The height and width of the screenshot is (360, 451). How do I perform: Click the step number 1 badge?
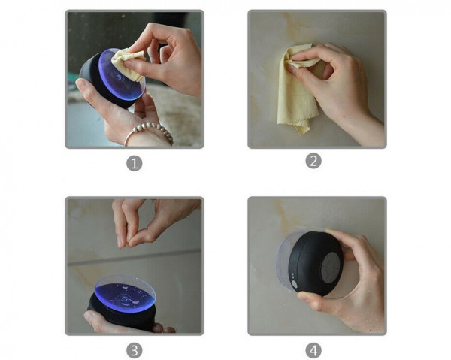[135, 163]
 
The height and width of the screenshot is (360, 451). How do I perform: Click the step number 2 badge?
[313, 161]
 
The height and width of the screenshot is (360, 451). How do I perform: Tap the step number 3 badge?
[135, 350]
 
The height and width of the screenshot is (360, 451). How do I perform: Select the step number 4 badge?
[313, 350]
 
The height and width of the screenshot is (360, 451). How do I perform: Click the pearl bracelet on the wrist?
[150, 131]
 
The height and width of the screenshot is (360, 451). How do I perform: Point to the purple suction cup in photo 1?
[121, 76]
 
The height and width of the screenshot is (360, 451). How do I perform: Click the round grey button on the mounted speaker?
[294, 285]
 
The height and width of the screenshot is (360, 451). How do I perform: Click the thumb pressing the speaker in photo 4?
[309, 301]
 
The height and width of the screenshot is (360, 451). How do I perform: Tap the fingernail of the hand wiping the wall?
[292, 69]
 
